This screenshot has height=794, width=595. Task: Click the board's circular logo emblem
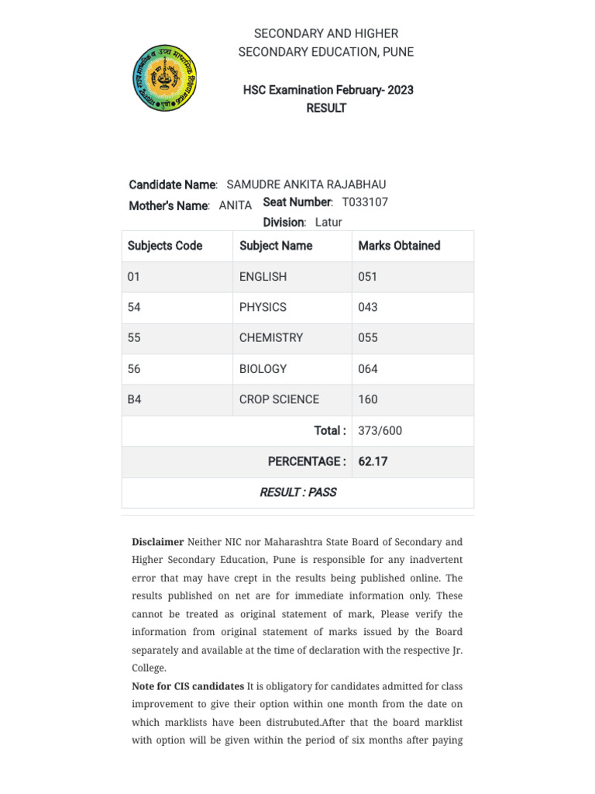click(163, 78)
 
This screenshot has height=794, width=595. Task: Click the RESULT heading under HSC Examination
click(326, 109)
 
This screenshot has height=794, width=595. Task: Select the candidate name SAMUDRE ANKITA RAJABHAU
click(306, 185)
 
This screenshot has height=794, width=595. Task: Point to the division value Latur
click(328, 223)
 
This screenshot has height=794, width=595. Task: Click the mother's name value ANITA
click(236, 205)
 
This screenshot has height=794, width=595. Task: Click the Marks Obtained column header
click(399, 246)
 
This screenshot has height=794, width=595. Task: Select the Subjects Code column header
click(165, 246)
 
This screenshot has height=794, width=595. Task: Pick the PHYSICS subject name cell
click(263, 307)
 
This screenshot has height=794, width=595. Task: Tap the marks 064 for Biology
click(368, 369)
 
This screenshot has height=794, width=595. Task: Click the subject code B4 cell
click(135, 399)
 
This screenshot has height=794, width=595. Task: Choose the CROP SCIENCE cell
click(279, 399)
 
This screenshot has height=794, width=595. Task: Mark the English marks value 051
click(368, 277)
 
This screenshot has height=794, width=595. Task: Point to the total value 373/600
click(380, 430)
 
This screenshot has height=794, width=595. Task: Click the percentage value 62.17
click(373, 461)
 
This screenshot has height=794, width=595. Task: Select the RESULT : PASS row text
click(298, 492)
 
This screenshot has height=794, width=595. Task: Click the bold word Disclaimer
click(158, 542)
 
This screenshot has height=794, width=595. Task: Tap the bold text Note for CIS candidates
click(187, 686)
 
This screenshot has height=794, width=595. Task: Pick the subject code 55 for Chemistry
click(134, 338)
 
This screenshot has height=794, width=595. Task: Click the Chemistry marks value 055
click(368, 338)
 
